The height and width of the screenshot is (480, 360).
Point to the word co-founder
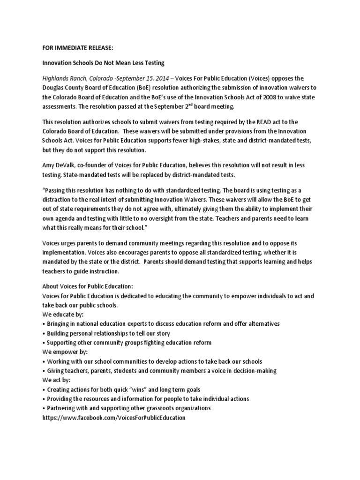click(x=96, y=165)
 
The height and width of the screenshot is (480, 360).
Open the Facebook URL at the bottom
click(x=114, y=417)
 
